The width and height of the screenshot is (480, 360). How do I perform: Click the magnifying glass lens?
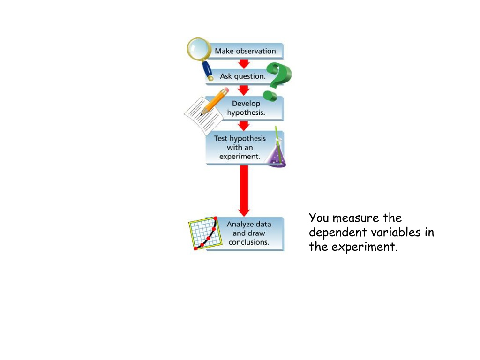click(x=199, y=48)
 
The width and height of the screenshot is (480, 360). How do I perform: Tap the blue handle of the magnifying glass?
click(x=208, y=70)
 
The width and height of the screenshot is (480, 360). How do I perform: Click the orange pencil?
click(x=214, y=101)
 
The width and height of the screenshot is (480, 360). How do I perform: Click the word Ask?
click(x=226, y=76)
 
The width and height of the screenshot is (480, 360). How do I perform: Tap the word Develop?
click(x=246, y=104)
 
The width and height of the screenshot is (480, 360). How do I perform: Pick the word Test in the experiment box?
click(x=221, y=138)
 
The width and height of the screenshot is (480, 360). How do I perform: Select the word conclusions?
click(x=248, y=242)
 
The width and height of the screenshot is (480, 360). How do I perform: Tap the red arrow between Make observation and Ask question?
click(x=244, y=64)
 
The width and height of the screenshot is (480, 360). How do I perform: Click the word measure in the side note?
click(x=356, y=218)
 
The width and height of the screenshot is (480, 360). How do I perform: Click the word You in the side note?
click(x=319, y=217)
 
